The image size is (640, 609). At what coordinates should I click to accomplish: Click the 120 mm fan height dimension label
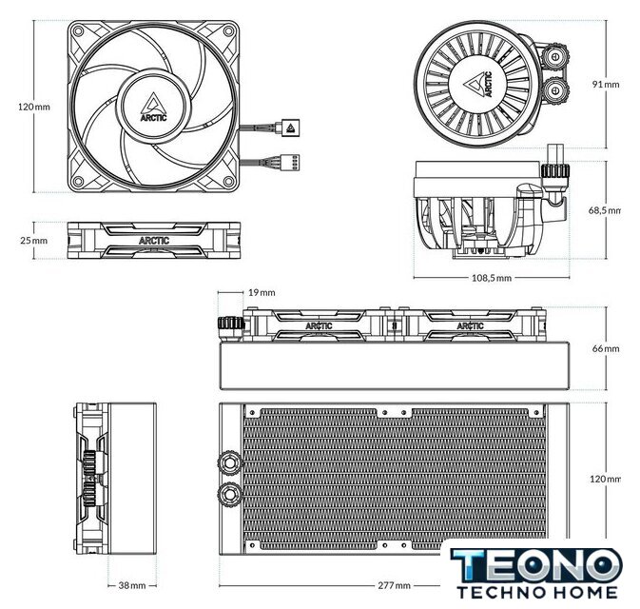pyautogui.click(x=34, y=108)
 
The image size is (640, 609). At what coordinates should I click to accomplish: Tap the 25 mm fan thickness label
pyautogui.click(x=33, y=241)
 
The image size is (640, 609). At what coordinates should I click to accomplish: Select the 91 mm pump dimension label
pyautogui.click(x=605, y=84)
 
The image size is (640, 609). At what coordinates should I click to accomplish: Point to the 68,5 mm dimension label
pyautogui.click(x=605, y=210)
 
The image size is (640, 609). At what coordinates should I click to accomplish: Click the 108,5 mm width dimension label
pyautogui.click(x=491, y=278)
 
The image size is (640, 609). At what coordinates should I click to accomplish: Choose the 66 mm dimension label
pyautogui.click(x=605, y=349)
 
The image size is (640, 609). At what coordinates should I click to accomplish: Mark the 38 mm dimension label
pyautogui.click(x=131, y=585)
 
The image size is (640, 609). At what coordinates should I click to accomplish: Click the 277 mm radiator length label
pyautogui.click(x=392, y=585)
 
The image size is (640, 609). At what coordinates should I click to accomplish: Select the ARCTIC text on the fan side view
pyautogui.click(x=155, y=241)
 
